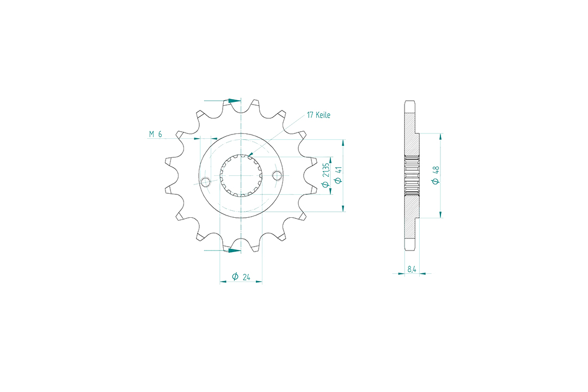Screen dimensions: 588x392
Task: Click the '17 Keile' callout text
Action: coord(318,115)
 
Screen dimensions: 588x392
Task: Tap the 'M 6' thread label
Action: coord(155,134)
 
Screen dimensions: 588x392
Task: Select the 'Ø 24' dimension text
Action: coord(241,277)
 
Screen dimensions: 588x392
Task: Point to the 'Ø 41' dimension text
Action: coord(338,175)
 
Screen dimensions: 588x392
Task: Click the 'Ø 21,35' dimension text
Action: coord(326,175)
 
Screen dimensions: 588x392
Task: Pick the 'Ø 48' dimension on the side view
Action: coord(436,175)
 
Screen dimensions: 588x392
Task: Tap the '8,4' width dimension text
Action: coord(412,269)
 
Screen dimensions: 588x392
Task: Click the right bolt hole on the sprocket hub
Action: coord(277,175)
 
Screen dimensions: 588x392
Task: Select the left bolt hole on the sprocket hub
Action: coord(205,182)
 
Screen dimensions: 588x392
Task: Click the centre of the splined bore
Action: coord(241,175)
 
